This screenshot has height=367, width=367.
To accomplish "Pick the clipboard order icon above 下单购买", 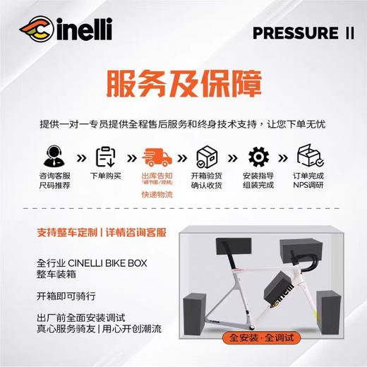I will click(106, 155).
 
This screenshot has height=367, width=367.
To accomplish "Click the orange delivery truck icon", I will click(157, 155).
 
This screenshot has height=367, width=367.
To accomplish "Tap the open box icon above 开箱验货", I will click(207, 155).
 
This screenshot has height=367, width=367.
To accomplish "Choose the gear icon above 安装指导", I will click(258, 155).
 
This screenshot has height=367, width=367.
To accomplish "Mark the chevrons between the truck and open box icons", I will click(182, 156).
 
